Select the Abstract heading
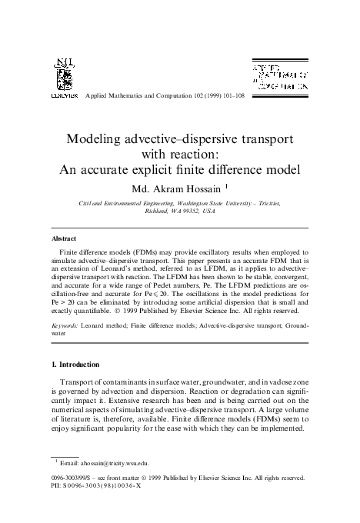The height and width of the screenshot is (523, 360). click(x=63, y=238)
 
